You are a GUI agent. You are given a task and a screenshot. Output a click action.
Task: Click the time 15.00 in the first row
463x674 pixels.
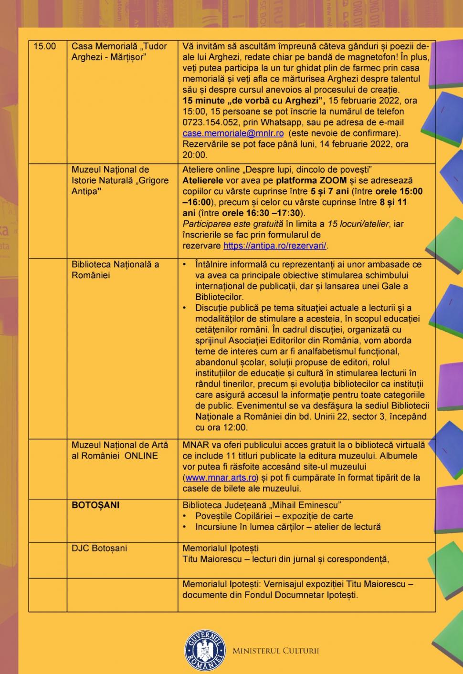44,46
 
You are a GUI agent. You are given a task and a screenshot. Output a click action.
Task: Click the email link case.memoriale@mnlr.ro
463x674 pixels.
233,134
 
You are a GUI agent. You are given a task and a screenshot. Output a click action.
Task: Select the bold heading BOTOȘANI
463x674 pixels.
95,505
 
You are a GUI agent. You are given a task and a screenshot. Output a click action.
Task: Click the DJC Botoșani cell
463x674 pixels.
99,549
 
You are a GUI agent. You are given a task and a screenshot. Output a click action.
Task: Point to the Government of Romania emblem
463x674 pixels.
206,650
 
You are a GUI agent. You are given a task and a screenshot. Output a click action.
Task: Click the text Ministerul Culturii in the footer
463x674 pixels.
275,651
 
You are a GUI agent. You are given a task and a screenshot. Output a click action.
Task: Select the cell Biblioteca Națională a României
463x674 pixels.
115,270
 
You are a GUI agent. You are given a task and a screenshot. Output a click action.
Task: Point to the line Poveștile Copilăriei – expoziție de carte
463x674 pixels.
274,516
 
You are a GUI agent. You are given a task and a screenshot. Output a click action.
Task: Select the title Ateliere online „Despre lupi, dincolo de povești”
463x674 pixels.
277,170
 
